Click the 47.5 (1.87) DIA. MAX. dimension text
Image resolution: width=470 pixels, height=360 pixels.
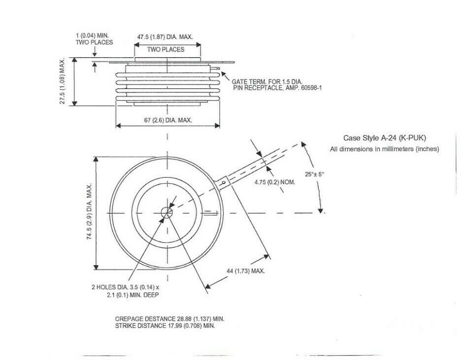[165, 37]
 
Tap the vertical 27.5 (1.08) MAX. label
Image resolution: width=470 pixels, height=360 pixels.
[64, 81]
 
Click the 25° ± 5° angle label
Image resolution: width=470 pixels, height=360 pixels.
[315, 174]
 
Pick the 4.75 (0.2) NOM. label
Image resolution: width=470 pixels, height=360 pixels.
[275, 182]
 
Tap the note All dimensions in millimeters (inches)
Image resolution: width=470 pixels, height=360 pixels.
[384, 148]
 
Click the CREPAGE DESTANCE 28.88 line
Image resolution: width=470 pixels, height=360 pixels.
[169, 319]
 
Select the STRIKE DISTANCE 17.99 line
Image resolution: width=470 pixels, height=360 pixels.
[165, 326]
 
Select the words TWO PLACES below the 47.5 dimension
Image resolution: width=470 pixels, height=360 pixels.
[166, 49]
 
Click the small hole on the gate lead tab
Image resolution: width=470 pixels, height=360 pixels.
[224, 183]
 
